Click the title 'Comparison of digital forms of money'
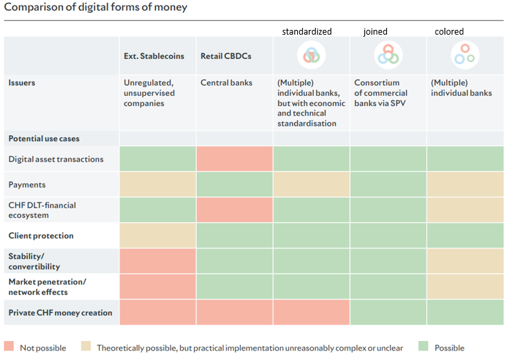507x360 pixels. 96,7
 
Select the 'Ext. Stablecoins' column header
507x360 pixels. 153,56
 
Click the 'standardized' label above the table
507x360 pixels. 307,31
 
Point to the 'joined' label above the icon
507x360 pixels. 375,31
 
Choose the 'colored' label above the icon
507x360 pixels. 449,31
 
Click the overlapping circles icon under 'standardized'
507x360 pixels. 312,55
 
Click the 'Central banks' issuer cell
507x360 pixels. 226,83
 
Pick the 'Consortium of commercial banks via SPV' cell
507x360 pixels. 381,92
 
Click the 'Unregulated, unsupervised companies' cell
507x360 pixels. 149,93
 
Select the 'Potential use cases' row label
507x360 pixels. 43,139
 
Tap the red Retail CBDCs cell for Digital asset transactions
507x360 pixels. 234,159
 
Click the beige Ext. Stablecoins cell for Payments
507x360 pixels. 157,185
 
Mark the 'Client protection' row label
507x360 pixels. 41,236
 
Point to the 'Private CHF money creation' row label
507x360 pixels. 60,313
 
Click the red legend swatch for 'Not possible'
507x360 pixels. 9,347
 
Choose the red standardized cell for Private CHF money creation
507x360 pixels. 311,313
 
